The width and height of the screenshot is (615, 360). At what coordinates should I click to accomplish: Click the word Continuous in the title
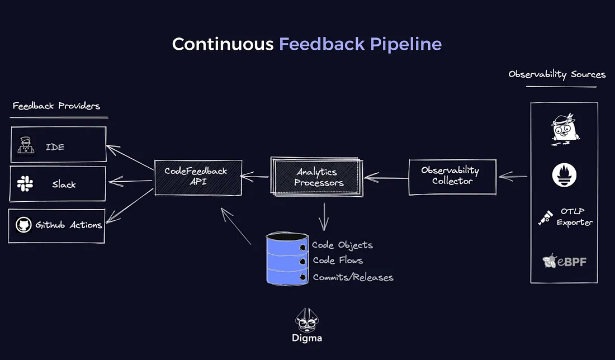click(x=223, y=44)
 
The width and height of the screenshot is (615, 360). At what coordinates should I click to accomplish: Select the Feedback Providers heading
click(x=56, y=106)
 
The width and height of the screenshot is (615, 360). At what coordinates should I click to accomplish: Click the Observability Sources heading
click(x=557, y=74)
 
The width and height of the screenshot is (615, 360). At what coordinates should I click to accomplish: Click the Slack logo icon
click(x=25, y=184)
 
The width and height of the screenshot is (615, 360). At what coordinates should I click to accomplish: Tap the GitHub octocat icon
click(x=23, y=225)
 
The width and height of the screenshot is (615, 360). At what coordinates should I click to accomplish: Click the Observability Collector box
click(x=452, y=176)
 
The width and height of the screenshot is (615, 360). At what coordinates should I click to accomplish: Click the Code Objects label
click(x=342, y=245)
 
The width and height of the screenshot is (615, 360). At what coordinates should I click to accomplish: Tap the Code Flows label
click(x=338, y=260)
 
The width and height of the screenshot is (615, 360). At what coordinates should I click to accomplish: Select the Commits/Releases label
click(x=353, y=277)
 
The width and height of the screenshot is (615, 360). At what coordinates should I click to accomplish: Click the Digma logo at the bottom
click(x=307, y=325)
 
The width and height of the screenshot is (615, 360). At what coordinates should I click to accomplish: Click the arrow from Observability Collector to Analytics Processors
click(x=386, y=178)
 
